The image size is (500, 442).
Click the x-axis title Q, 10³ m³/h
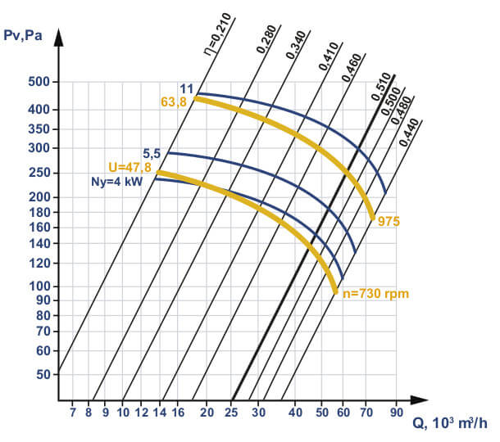pyautogui.click(x=449, y=423)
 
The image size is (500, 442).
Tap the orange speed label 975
pyautogui.click(x=389, y=222)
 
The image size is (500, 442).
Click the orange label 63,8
pyautogui.click(x=175, y=101)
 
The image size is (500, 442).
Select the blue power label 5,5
pyautogui.click(x=152, y=152)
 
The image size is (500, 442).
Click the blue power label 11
pyautogui.click(x=186, y=88)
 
